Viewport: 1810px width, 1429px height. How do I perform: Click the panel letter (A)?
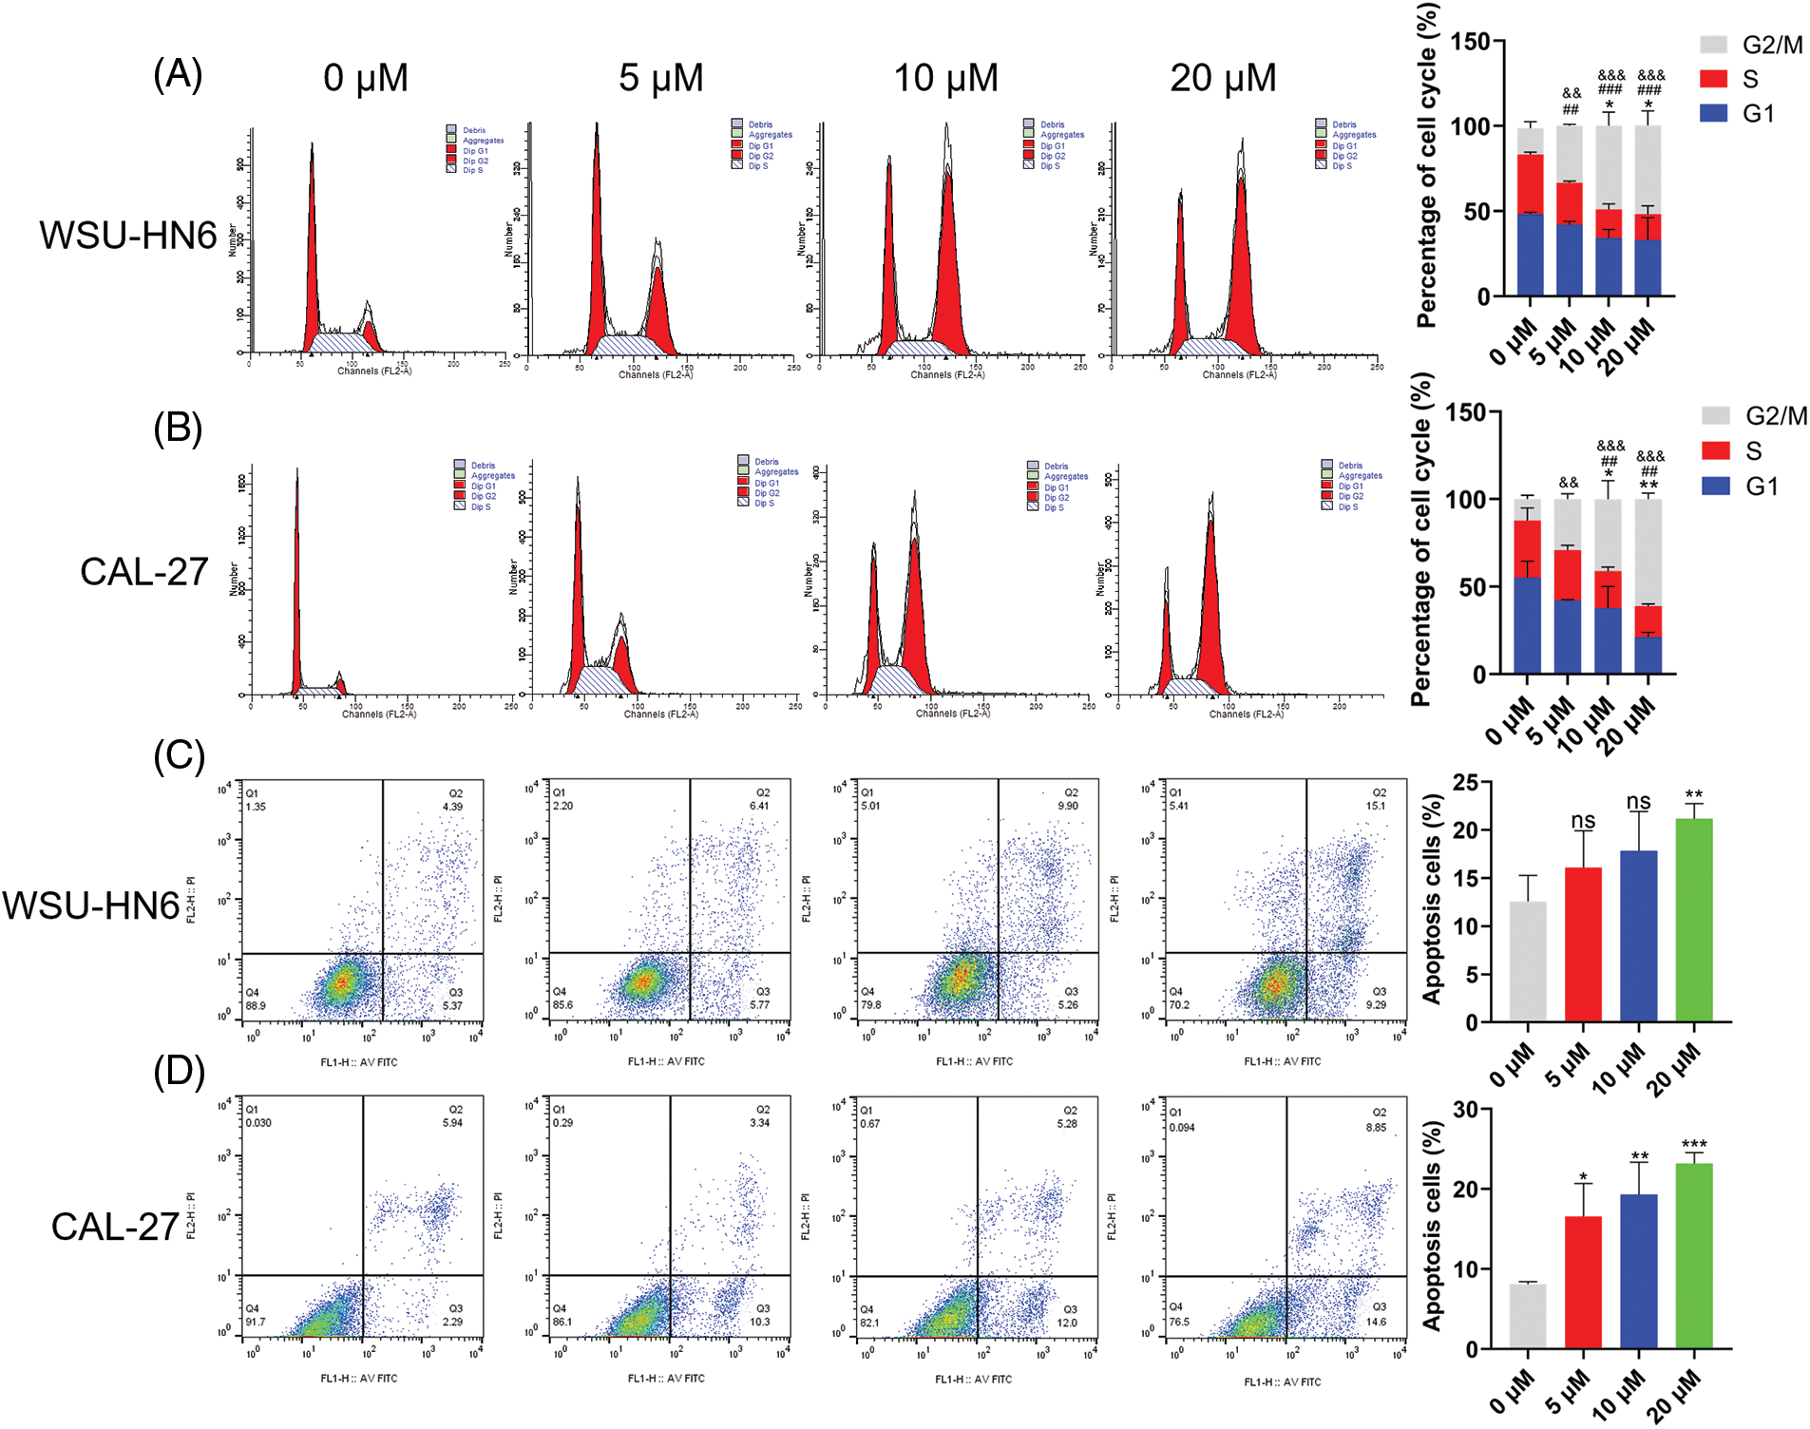(x=178, y=74)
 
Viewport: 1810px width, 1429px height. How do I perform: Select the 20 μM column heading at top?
(x=1223, y=78)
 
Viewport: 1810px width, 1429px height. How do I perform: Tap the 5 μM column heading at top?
(x=661, y=78)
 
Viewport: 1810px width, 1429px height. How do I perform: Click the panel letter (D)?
(x=179, y=1071)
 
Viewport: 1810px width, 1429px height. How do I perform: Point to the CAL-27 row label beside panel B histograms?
(x=143, y=572)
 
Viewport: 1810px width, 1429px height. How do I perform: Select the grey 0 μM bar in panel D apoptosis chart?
(x=1527, y=1316)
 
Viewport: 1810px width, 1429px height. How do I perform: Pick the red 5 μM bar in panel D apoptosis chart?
(x=1583, y=1282)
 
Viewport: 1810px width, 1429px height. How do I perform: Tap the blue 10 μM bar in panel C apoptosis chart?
(x=1639, y=936)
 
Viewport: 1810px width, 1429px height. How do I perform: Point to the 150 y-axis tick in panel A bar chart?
(x=1470, y=42)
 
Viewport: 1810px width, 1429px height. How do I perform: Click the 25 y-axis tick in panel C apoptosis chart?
(x=1464, y=783)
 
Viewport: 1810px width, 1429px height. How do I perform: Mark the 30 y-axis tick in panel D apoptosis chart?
(x=1464, y=1110)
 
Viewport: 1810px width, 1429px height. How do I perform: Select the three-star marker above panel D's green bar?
(x=1694, y=1145)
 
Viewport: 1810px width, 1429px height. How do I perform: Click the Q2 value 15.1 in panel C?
(x=1375, y=806)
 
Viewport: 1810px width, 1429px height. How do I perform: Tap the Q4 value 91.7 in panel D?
(x=256, y=1322)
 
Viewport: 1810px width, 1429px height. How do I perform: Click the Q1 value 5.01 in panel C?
(x=871, y=806)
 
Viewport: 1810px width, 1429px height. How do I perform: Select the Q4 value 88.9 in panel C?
(x=256, y=1005)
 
